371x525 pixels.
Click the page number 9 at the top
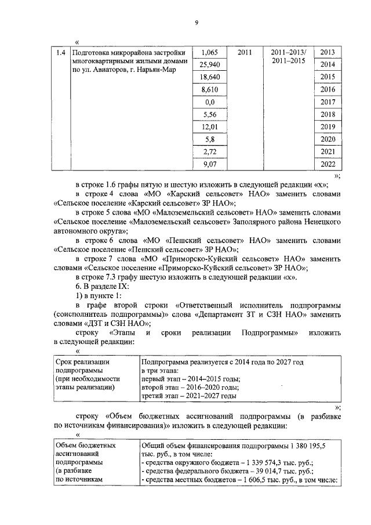click(196, 23)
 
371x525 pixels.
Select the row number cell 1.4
click(59, 53)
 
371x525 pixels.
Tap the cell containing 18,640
click(209, 77)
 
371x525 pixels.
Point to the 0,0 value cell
click(209, 102)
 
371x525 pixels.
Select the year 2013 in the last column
click(328, 53)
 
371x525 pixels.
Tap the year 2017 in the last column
click(328, 102)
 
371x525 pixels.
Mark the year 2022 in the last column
click(328, 164)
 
